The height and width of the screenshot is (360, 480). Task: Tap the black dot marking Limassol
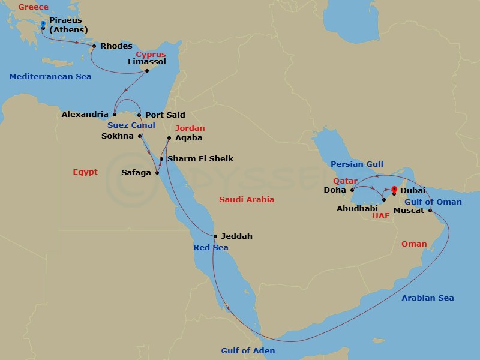coord(147,71)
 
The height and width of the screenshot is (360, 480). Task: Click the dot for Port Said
coord(139,115)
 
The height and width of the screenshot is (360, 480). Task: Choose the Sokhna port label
coord(119,136)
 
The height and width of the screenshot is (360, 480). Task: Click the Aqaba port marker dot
coord(169,138)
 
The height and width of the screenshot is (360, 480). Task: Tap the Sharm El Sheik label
coord(200,159)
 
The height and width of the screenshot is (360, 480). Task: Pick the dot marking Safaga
coord(157,173)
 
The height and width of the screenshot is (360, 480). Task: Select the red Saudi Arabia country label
coord(247,199)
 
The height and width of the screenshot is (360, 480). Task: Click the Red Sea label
coord(211,248)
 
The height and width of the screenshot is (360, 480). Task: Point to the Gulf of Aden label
coord(248,350)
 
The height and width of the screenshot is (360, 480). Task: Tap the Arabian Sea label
coord(428,298)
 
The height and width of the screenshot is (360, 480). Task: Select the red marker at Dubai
coord(394,190)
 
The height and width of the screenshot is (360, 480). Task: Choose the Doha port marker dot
coord(352,190)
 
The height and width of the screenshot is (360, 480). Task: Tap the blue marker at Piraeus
coord(43,24)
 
